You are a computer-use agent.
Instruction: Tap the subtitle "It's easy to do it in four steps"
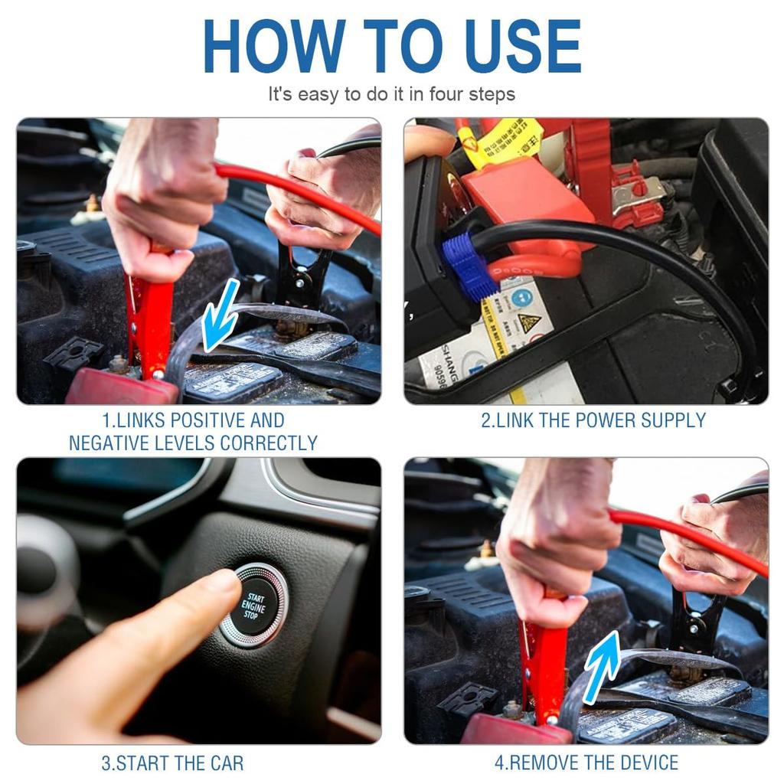tap(391, 94)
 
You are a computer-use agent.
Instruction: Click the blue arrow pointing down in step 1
tap(220, 315)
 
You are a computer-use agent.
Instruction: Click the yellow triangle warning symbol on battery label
tap(529, 322)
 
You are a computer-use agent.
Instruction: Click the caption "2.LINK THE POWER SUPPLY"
tap(593, 420)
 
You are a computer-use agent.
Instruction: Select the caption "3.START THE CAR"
tap(172, 763)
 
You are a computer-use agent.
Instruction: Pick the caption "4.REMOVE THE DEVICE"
tap(586, 763)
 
